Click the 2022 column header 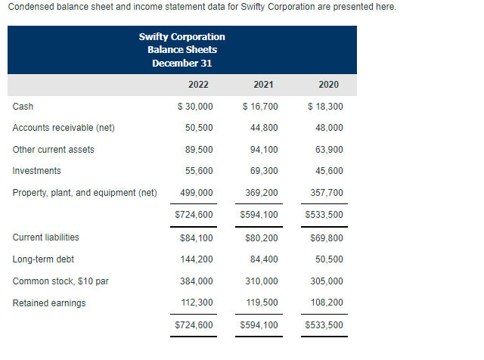point(198,85)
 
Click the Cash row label point(23,107)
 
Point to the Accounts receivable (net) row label point(64,128)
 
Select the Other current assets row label point(54,150)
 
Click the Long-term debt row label point(43,259)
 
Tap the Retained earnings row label point(49,303)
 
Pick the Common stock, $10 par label point(60,281)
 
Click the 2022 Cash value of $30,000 point(194,107)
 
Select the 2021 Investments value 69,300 point(263,171)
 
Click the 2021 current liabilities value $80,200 point(259,237)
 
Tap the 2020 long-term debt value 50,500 point(328,259)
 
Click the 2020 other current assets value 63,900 point(328,150)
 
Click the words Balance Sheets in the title point(182,50)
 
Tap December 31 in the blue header point(182,63)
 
